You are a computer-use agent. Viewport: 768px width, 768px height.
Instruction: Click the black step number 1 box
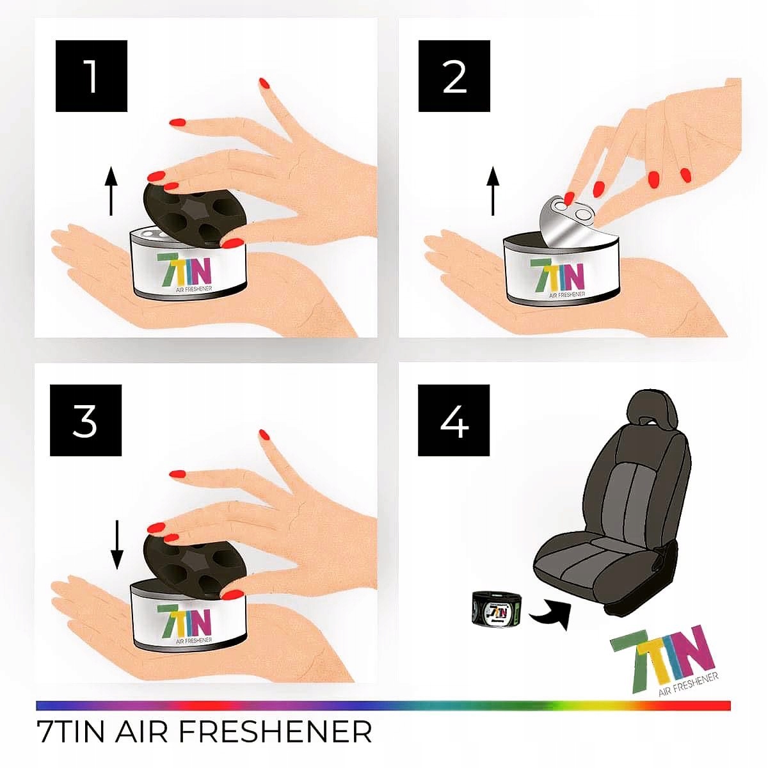(x=92, y=76)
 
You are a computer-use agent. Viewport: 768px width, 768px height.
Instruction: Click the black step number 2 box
(x=454, y=76)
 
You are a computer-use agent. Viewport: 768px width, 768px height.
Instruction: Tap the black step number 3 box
(x=86, y=420)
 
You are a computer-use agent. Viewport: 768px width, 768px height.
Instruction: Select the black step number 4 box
(x=454, y=420)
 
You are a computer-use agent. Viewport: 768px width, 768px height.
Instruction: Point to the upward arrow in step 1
(x=111, y=190)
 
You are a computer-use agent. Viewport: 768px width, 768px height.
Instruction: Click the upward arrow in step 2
(x=492, y=190)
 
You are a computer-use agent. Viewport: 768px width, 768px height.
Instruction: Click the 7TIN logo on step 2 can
(x=557, y=273)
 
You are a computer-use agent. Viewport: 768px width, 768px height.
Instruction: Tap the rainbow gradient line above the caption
(x=384, y=705)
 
